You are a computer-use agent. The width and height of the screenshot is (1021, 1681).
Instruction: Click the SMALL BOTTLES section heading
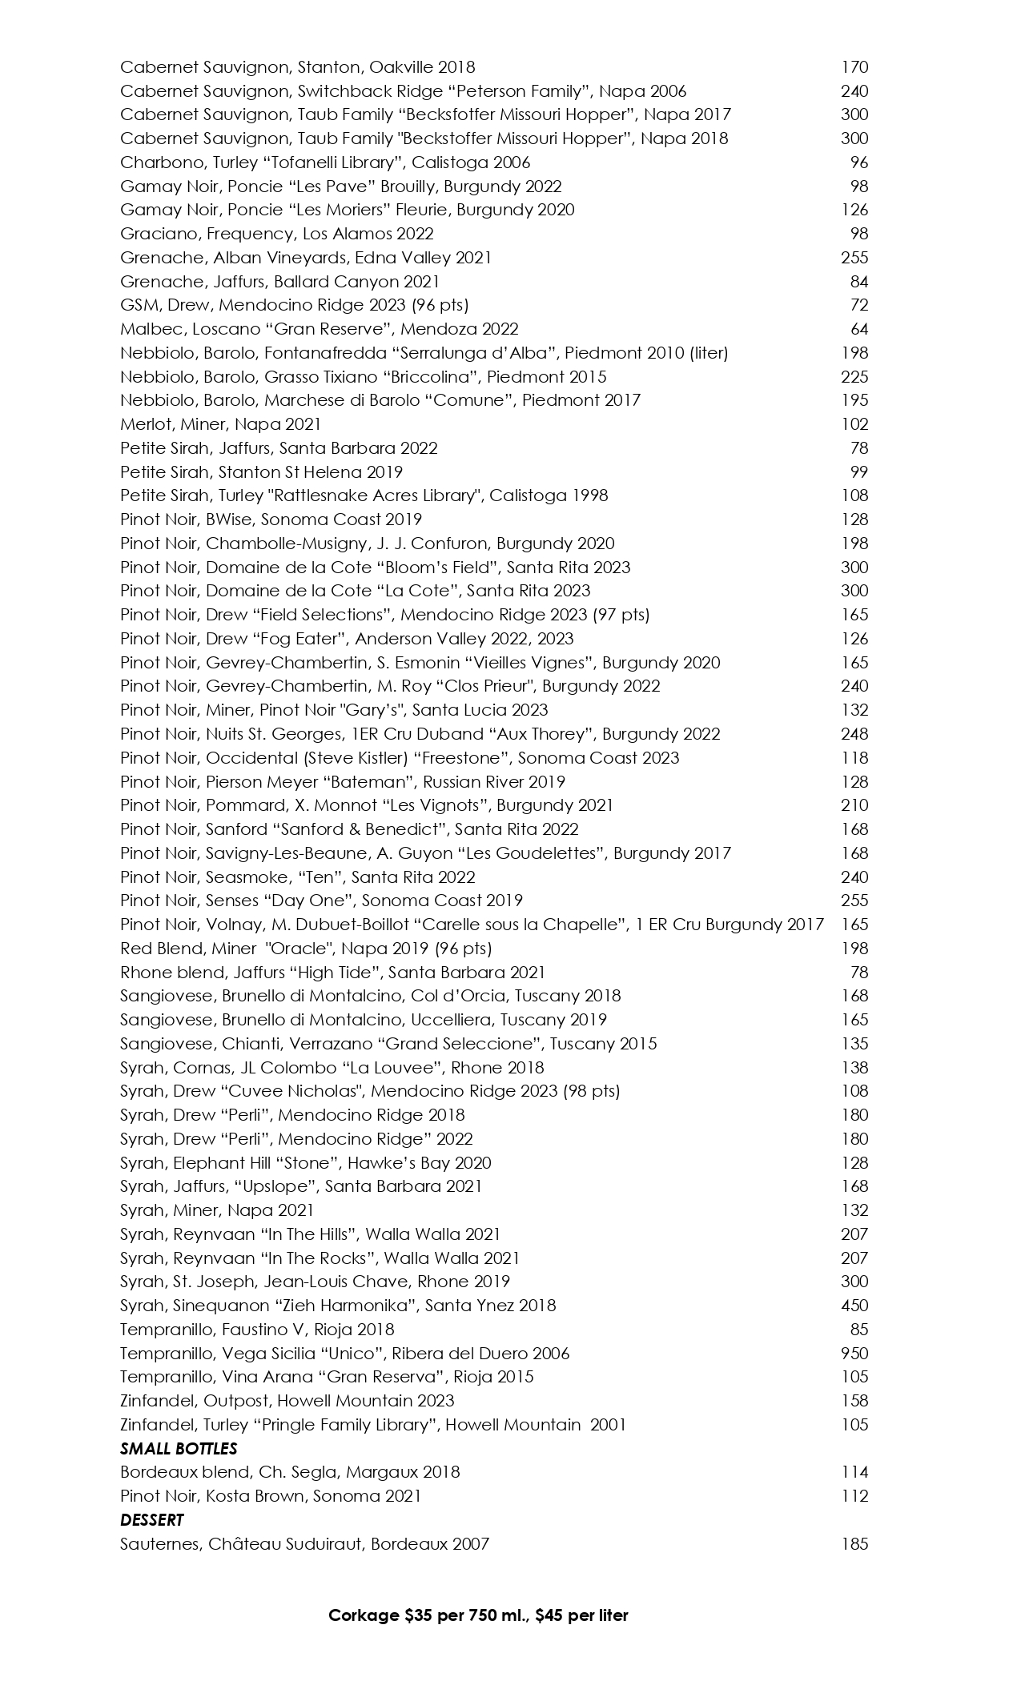pos(179,1448)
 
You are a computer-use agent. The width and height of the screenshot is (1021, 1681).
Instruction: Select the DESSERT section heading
pos(152,1519)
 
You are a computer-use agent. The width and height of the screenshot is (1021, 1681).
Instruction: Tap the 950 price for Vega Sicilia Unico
pos(854,1353)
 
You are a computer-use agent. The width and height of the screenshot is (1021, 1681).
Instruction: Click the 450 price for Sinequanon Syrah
pos(854,1306)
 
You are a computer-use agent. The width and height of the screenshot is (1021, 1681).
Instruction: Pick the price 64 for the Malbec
pos(859,329)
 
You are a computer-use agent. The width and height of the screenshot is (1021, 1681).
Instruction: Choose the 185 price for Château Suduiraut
pos(854,1543)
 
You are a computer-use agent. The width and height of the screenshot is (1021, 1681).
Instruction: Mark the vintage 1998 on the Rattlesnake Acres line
pos(590,495)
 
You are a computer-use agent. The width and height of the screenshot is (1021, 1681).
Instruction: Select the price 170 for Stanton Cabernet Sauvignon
pos(854,67)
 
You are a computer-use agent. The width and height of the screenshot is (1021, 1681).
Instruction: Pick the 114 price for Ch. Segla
pos(854,1472)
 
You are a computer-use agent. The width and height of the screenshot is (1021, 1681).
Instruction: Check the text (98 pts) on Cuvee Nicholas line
pos(591,1091)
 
